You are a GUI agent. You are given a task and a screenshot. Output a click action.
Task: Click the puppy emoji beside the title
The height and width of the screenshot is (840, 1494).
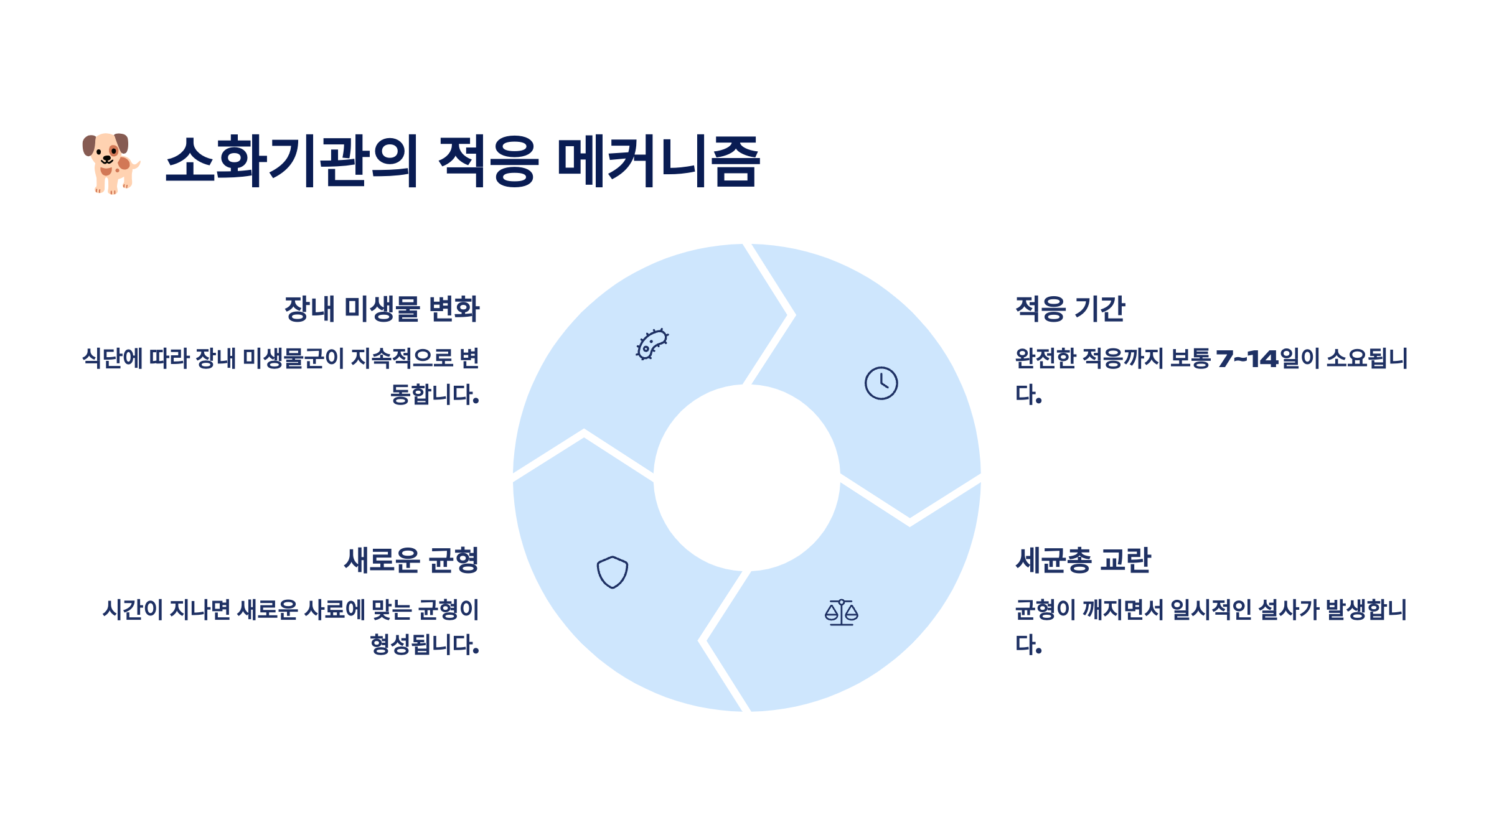point(111,163)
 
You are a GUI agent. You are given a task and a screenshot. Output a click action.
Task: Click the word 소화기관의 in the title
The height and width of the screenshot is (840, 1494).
point(292,161)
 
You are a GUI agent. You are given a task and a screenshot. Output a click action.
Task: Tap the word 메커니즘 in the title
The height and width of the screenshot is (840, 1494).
point(658,161)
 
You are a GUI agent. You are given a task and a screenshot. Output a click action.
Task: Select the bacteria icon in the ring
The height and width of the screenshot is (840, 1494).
point(652,344)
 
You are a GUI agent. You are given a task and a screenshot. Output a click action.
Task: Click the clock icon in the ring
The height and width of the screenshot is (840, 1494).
point(881,383)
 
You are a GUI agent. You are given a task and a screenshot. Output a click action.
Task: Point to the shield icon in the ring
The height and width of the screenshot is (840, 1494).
point(612,572)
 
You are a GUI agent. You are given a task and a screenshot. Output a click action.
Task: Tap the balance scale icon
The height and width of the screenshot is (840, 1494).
point(841,612)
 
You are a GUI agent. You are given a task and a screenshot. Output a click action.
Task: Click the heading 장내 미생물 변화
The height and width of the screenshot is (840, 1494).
point(382,309)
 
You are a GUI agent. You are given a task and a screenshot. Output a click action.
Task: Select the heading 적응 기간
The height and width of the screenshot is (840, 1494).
point(1070,309)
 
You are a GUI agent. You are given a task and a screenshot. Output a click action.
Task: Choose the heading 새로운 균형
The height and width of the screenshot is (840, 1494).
point(411,560)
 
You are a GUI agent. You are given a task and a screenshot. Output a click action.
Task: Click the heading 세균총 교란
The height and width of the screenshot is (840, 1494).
point(1083,560)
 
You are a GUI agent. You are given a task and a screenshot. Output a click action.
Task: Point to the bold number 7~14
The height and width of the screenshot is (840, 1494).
point(1247,359)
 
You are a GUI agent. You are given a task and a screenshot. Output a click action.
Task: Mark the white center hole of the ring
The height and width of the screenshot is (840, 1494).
point(746,478)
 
